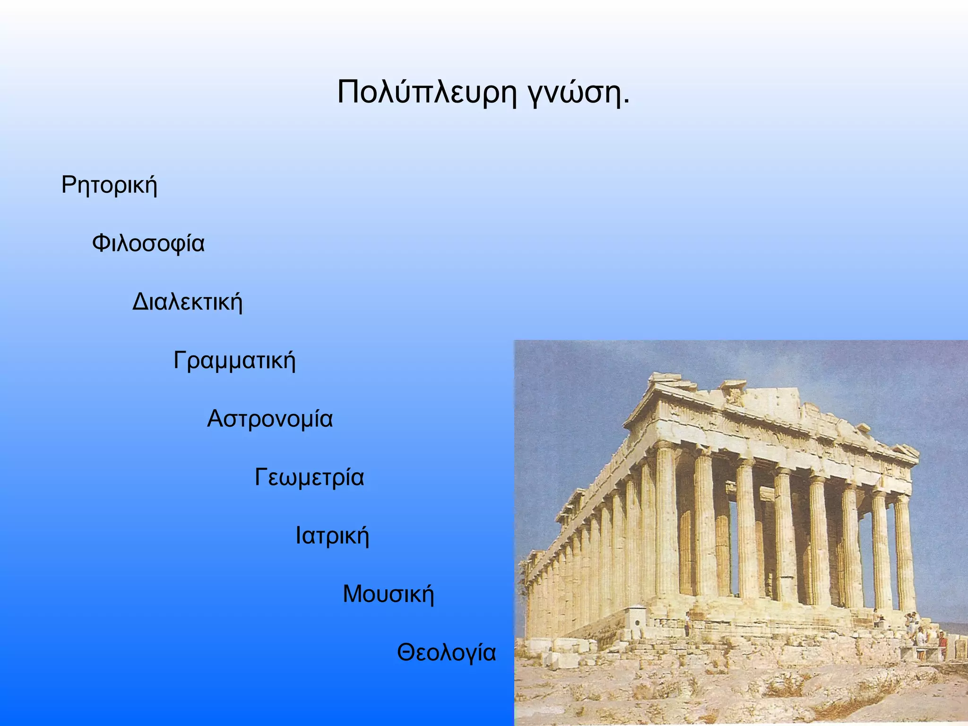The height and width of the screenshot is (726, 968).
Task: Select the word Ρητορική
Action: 109,185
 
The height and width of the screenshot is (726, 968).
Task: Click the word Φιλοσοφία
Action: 148,244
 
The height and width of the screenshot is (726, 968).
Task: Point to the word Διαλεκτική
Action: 187,302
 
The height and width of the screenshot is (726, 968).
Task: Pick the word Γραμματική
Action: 234,361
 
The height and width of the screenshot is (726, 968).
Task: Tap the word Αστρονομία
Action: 270,419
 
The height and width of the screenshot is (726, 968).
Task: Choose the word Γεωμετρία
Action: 310,477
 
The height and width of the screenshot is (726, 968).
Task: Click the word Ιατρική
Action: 332,536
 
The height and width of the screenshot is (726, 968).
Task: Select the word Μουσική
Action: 388,594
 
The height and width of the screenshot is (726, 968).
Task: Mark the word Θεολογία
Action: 446,653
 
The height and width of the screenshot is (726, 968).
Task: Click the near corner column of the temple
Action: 666,525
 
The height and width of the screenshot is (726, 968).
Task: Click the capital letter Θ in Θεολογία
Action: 406,653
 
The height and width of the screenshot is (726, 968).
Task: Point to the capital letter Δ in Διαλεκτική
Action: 141,302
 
